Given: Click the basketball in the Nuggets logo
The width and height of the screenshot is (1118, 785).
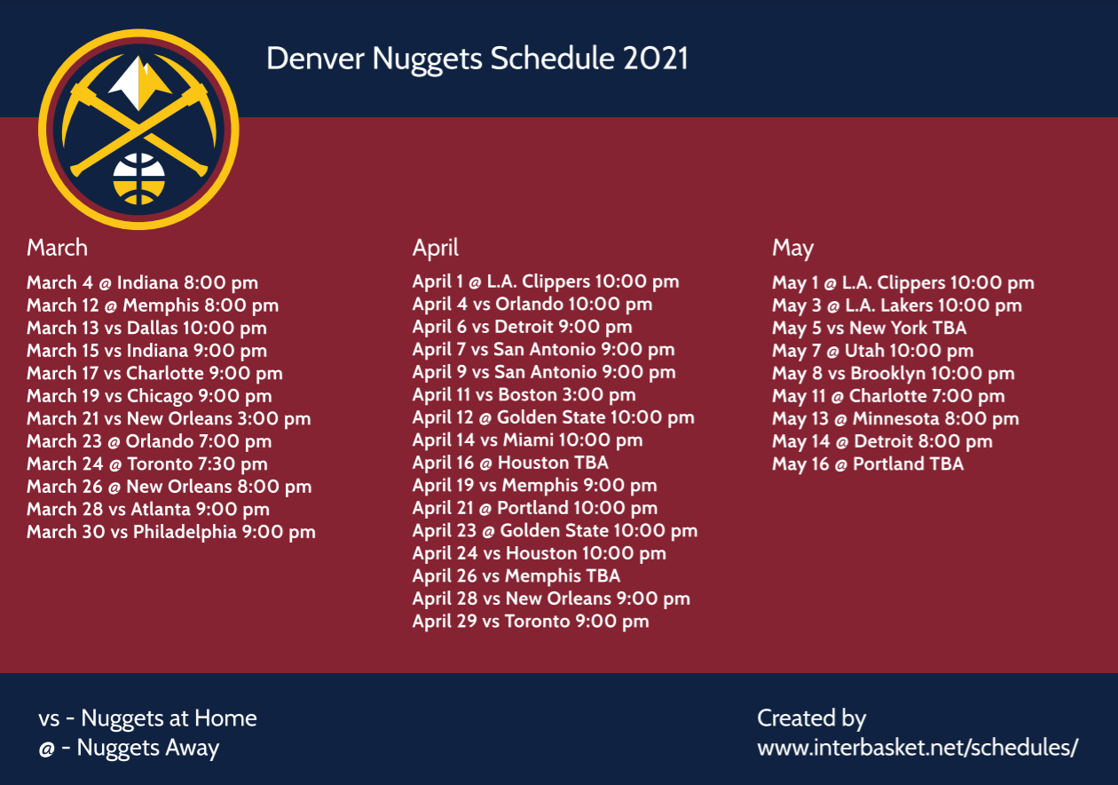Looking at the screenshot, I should coord(138,178).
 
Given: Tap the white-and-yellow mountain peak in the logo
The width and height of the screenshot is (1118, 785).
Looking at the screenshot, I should coord(139,83).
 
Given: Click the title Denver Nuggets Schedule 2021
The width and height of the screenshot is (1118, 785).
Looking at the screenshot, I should coord(476,59).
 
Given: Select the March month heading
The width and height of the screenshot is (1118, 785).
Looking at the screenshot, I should coord(57,247).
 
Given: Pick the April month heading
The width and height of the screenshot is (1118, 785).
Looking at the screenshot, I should coord(435,248).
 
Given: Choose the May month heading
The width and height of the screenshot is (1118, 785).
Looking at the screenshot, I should coord(792,248).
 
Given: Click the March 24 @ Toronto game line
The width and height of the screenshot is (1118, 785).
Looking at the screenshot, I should coord(146,464).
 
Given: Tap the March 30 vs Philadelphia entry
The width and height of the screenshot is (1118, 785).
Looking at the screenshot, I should coord(170,532).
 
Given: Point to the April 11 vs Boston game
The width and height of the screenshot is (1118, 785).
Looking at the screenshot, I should coord(524,394).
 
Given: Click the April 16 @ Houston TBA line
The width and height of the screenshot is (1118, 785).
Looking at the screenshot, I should coord(510,463).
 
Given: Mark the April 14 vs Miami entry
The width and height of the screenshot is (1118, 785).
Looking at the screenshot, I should coord(527,440).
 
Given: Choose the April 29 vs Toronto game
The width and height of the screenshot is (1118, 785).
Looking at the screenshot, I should coord(530,622).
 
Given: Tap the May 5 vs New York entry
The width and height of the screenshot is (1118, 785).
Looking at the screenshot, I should coord(869,328).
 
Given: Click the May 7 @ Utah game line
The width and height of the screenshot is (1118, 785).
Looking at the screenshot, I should coord(872,351).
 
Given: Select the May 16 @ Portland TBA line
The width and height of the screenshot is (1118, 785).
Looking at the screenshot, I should coord(867,464).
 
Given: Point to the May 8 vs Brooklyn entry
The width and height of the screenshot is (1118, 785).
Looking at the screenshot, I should coord(893,373).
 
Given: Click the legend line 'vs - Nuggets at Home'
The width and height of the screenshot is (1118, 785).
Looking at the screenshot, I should coord(147,718).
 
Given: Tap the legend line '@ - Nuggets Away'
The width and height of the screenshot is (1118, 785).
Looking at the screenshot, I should coord(129,748).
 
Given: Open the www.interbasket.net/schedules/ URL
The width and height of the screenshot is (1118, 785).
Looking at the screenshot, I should coord(917,748).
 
